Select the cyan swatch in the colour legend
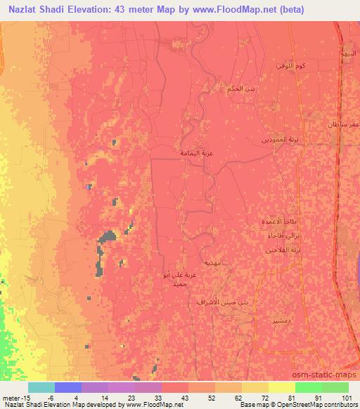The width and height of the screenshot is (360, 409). point(41,387)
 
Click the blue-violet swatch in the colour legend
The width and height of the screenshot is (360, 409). point(69,387)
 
